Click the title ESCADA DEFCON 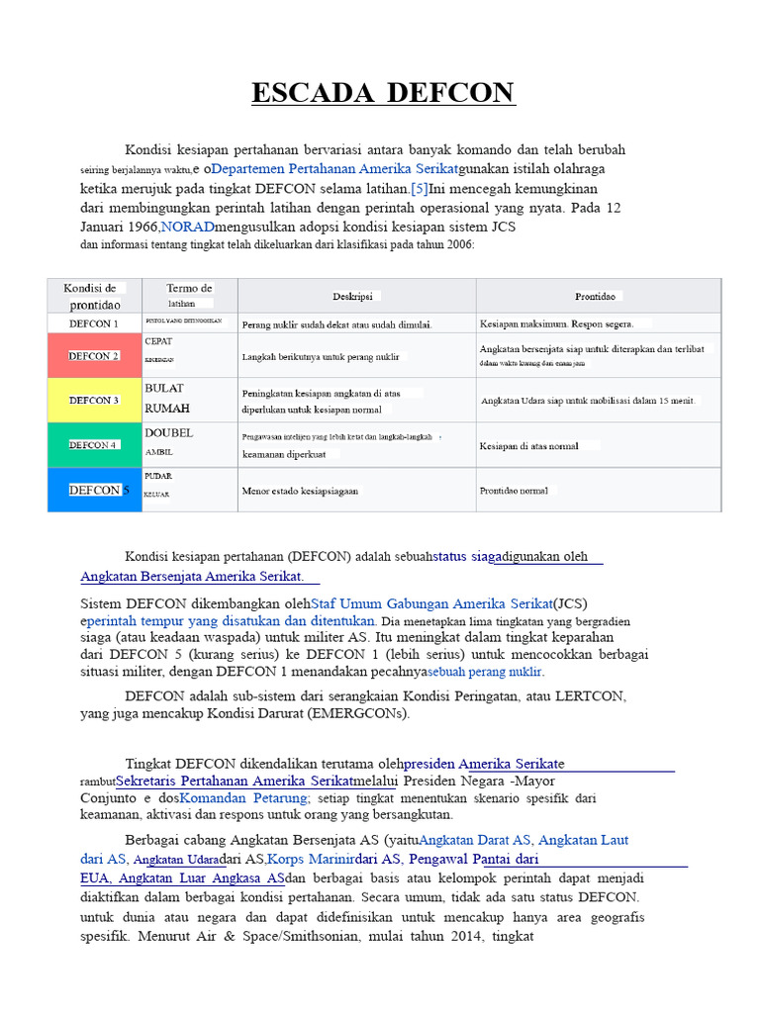[383, 93]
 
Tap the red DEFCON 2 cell [94, 355]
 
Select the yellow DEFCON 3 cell [94, 400]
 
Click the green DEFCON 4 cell [94, 445]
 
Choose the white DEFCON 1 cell [94, 323]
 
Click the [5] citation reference [419, 188]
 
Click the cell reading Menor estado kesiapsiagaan [301, 490]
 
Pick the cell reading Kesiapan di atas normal [529, 445]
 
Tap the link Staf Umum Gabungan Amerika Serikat [431, 602]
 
